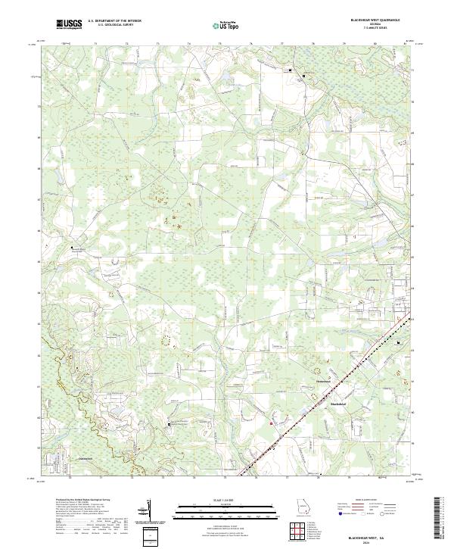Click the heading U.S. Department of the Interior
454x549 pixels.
click(114, 21)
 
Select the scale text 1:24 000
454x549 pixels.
click(223, 501)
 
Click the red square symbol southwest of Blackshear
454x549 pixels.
click(271, 423)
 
